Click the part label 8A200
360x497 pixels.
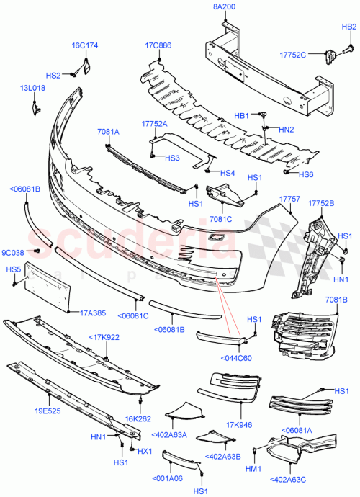224,6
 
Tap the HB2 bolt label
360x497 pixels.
348,27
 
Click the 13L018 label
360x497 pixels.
32,88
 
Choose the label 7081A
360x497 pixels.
108,132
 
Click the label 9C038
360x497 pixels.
13,252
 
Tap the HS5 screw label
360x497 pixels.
13,269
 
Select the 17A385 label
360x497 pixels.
93,313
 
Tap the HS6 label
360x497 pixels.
306,175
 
